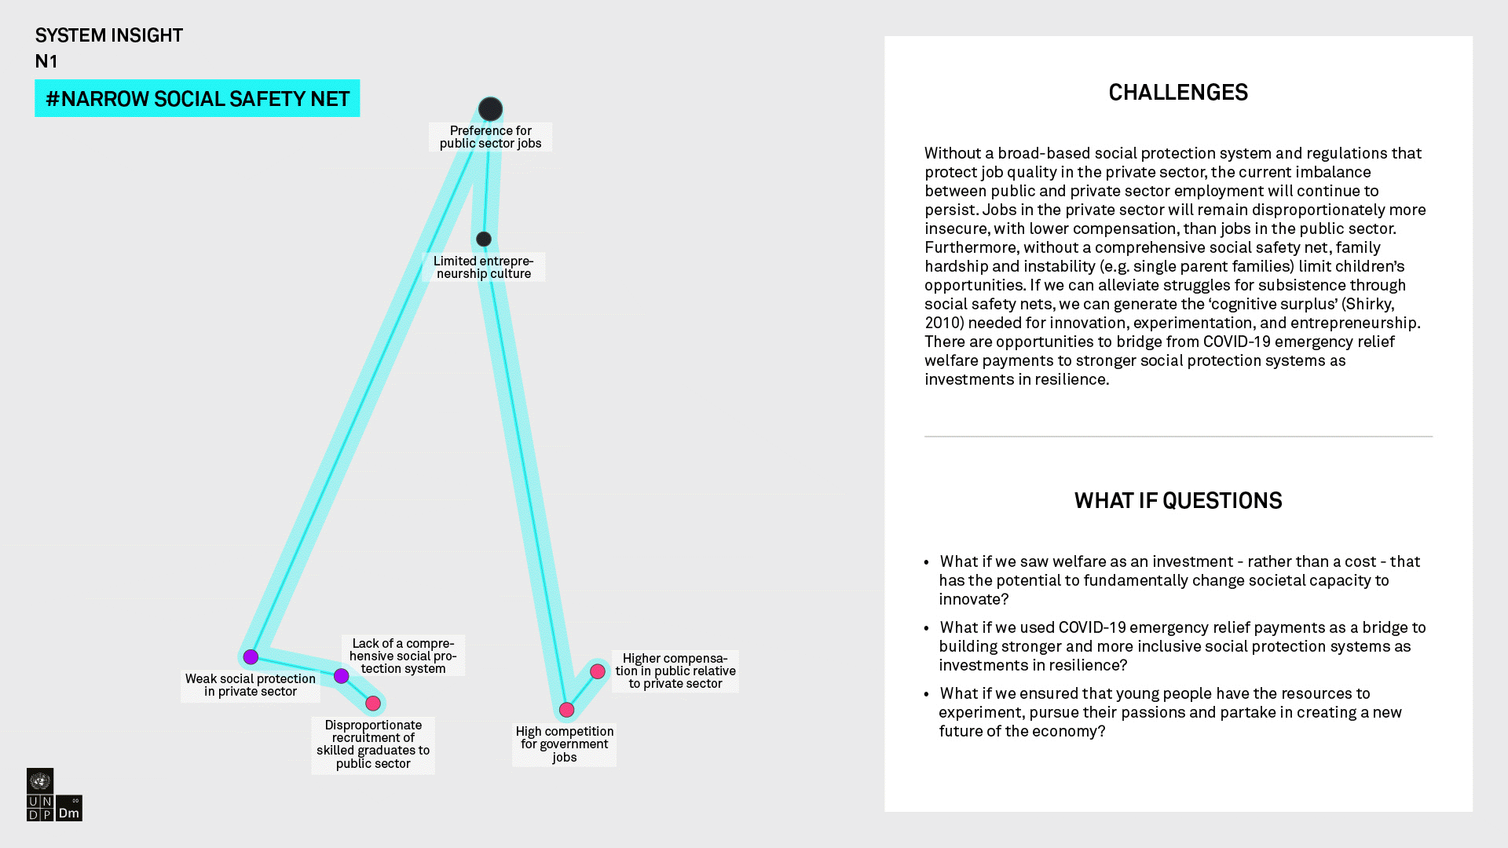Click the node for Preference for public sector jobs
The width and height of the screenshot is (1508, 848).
(490, 109)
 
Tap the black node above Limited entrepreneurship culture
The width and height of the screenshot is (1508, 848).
(484, 239)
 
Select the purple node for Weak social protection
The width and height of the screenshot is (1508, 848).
(251, 657)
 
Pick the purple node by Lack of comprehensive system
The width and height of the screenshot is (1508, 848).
(341, 676)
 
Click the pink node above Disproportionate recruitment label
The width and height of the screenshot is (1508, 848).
(373, 704)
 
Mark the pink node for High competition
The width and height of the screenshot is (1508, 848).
(566, 710)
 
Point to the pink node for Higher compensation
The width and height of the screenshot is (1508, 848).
(598, 671)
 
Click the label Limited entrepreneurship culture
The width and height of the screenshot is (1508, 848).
(483, 267)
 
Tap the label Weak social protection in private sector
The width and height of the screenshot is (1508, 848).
(250, 685)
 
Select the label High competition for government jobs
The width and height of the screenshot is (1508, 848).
(564, 744)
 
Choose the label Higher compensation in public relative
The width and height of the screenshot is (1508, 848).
(675, 671)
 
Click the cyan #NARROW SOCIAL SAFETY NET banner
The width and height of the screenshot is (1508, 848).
(197, 98)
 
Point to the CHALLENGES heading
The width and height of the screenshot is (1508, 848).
(1177, 93)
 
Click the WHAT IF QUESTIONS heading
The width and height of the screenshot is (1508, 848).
(1177, 501)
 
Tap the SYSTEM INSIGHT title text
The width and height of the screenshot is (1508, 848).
(108, 35)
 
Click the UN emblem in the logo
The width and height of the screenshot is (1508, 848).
(40, 780)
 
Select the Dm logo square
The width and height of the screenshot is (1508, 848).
(69, 809)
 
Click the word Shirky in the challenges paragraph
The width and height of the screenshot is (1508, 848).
(1367, 304)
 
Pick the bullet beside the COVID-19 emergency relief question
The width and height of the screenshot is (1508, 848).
(927, 628)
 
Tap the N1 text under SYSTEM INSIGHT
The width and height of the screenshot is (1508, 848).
(46, 61)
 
